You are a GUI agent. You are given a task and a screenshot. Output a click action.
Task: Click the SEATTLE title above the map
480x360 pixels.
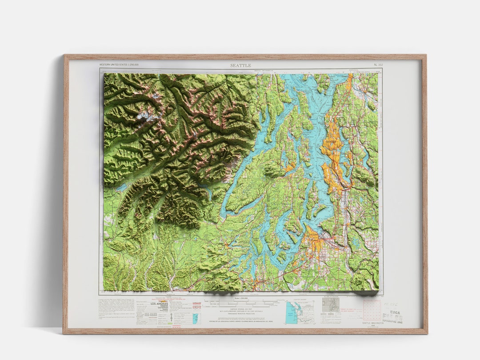coord(240,65)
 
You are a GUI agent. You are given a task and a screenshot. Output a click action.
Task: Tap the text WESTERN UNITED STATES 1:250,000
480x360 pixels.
coord(119,65)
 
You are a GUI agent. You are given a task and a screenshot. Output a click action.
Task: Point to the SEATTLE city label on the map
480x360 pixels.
coord(331,142)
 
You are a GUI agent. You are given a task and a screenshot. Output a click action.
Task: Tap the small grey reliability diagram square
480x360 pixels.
coord(331,304)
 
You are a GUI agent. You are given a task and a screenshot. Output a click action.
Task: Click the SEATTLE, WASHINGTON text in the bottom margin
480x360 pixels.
coord(372,323)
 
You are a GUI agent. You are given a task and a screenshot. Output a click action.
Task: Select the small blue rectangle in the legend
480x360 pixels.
coord(195,318)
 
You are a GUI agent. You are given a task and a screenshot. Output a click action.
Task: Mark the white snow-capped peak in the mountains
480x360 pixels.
coord(144,116)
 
